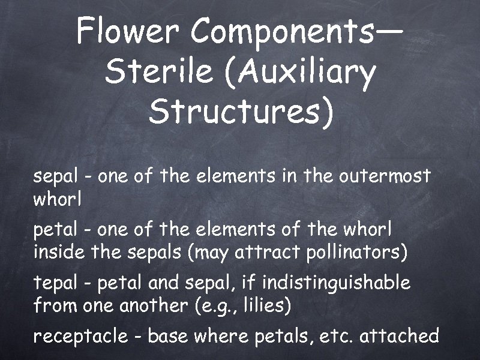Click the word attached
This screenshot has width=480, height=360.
tap(400, 336)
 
